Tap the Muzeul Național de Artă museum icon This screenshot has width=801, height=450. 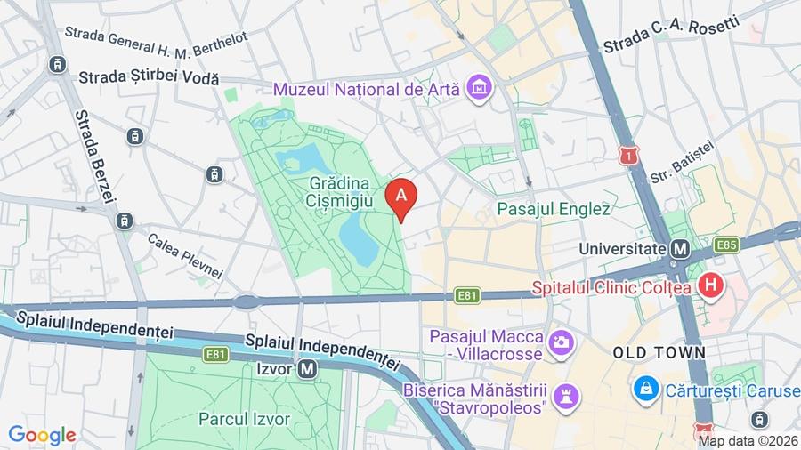click(x=481, y=88)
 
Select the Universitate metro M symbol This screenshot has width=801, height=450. click(x=681, y=249)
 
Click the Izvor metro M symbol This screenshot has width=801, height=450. click(x=308, y=366)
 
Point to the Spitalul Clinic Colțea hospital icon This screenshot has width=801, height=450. click(x=710, y=286)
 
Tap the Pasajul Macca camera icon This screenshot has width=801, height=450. click(x=561, y=341)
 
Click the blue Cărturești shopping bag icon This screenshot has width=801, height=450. click(x=645, y=388)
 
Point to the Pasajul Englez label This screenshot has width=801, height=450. click(x=554, y=210)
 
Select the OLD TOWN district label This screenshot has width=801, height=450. click(x=659, y=353)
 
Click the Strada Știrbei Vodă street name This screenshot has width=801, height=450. click(x=149, y=78)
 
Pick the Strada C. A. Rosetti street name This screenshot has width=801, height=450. click(x=671, y=35)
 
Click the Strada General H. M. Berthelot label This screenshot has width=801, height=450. click(x=156, y=36)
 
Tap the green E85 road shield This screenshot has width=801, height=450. click(x=725, y=245)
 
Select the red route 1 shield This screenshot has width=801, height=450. click(x=631, y=157)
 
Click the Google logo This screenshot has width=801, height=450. click(x=42, y=435)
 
